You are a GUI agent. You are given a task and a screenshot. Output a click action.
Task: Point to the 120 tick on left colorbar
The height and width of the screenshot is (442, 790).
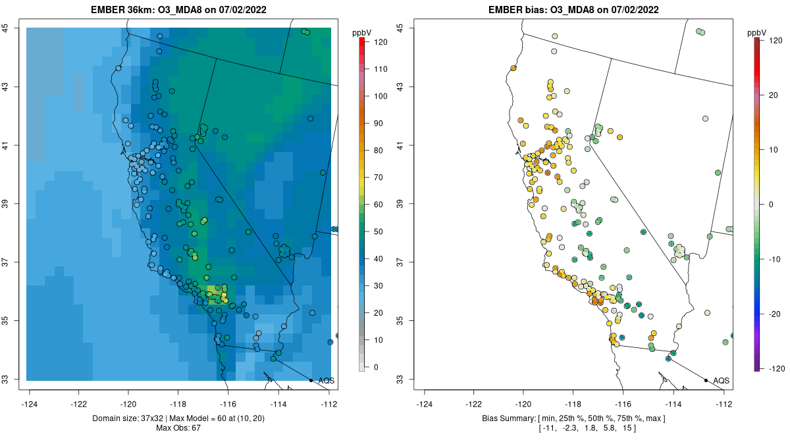(381, 41)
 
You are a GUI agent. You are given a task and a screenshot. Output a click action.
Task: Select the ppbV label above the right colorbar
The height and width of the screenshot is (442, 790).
(758, 32)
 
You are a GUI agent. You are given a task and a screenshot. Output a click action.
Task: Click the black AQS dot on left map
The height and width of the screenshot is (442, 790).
(311, 380)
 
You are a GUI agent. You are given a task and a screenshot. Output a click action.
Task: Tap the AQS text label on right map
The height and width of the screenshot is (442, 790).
(721, 381)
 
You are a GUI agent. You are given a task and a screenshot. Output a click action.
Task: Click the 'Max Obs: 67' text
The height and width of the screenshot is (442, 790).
(178, 428)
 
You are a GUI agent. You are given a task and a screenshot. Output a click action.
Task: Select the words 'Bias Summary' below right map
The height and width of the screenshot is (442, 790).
(503, 418)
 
